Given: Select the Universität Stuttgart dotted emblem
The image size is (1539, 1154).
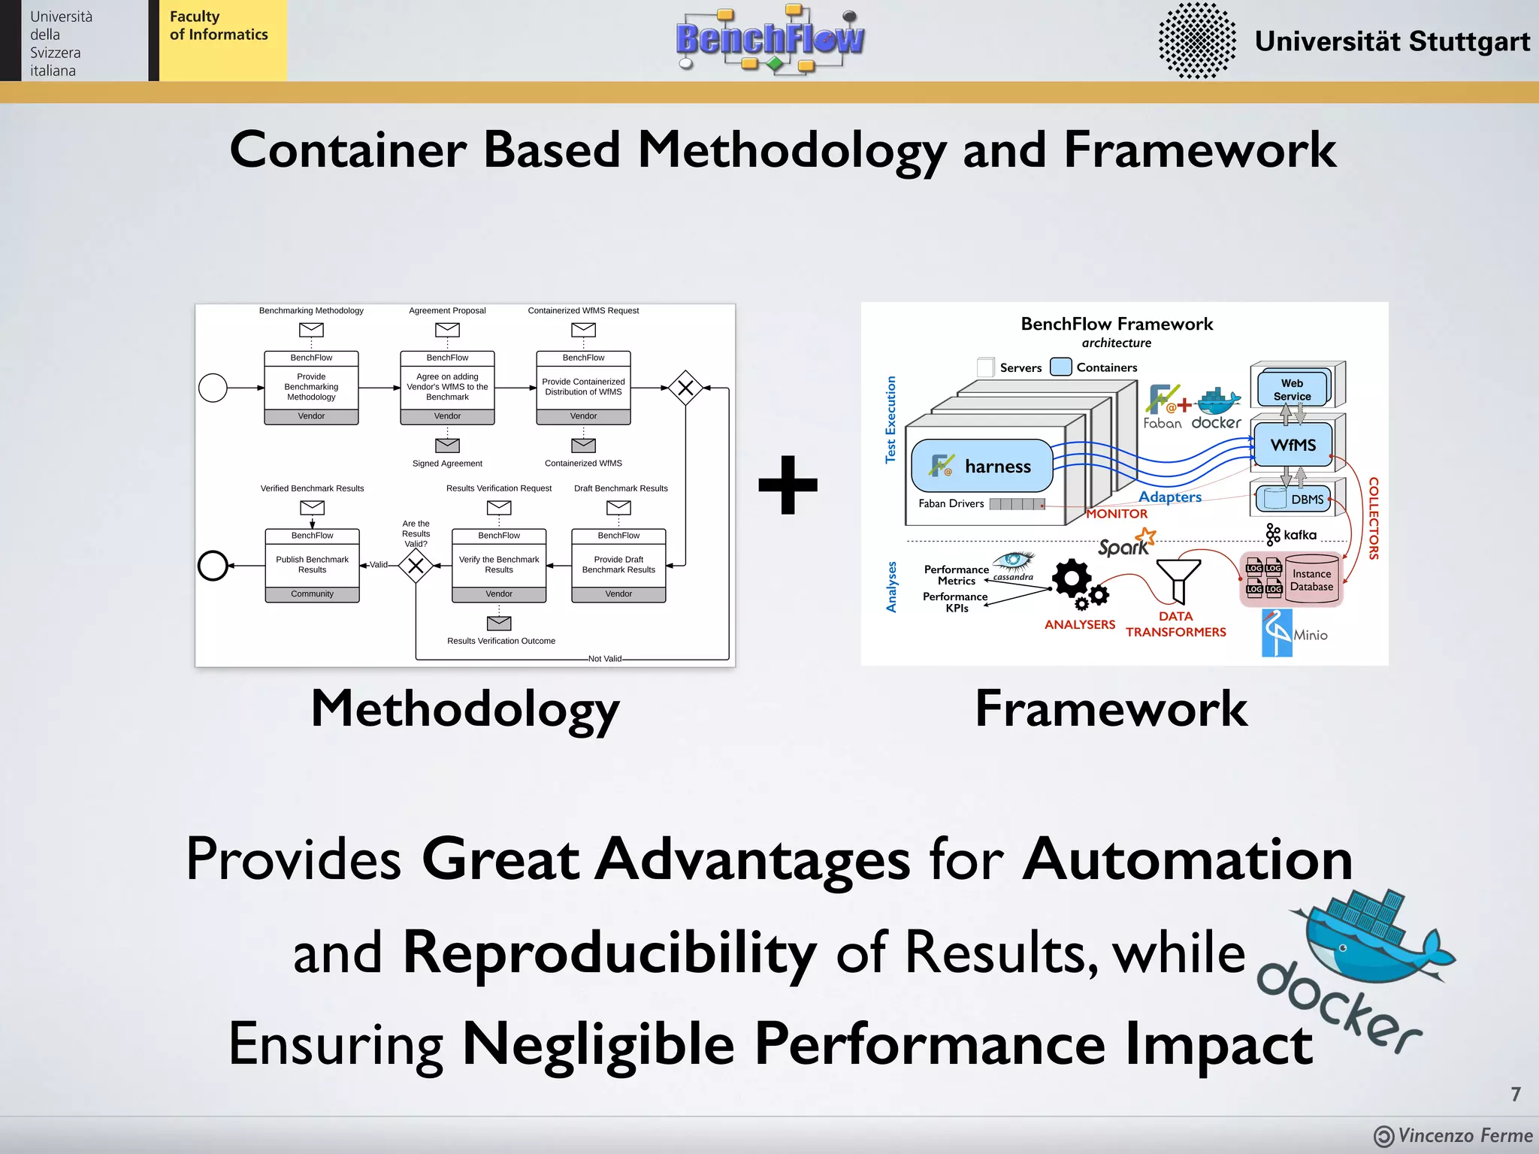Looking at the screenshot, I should [1196, 41].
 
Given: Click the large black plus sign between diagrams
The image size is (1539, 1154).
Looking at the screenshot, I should [788, 485].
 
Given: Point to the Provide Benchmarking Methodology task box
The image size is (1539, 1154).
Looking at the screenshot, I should [311, 387].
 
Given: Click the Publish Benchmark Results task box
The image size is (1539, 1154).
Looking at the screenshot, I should [312, 565].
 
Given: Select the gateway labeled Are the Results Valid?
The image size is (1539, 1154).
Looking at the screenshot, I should [416, 565].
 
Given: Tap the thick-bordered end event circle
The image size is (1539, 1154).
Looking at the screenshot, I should [213, 565].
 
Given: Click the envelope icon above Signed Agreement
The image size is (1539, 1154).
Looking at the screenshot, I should [447, 446].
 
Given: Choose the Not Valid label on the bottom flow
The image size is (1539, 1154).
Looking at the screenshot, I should [604, 659].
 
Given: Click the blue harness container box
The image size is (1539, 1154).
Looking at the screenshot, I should [982, 466].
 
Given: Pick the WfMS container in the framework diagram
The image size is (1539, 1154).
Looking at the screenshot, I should [1293, 445].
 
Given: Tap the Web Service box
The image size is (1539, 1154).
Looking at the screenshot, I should [1292, 388].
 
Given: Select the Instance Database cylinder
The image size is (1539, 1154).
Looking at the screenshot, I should [1311, 579].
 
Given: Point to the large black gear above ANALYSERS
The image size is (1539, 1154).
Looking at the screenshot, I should [1071, 579].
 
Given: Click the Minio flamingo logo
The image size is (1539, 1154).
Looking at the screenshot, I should [1277, 633].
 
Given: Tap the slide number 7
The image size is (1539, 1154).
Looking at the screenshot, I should [1516, 1094].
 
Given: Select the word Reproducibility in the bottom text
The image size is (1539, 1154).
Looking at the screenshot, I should [609, 953].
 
